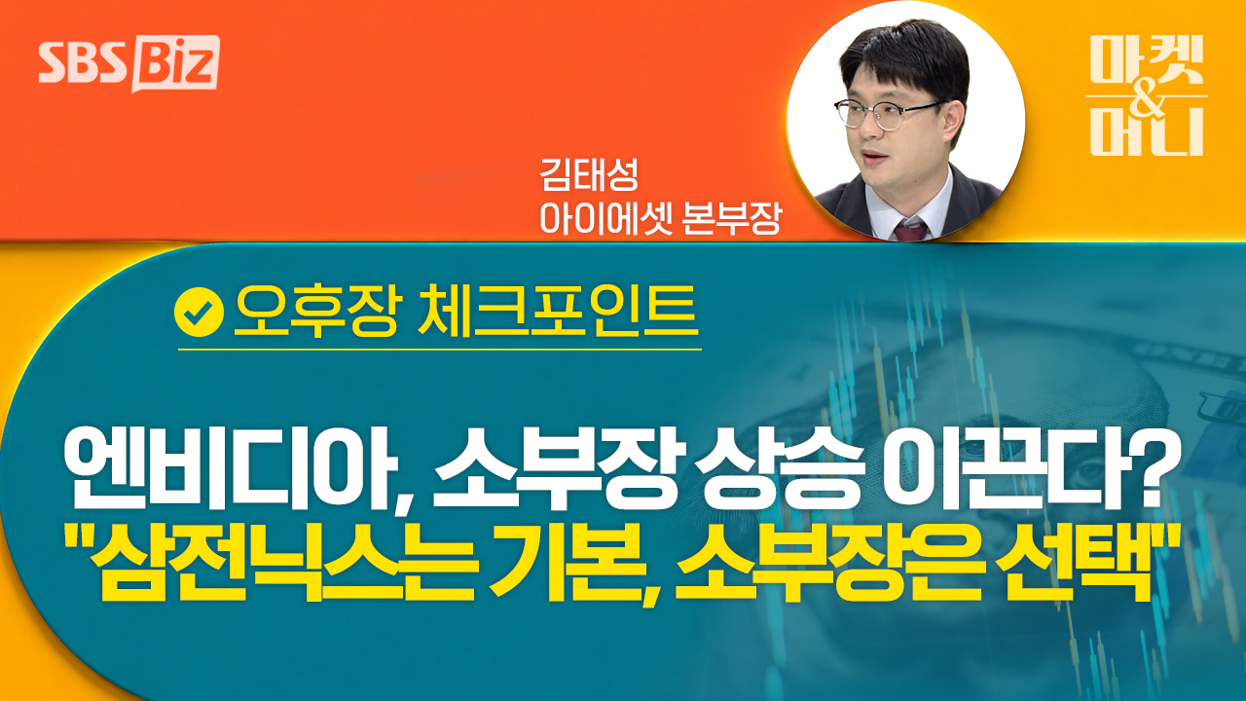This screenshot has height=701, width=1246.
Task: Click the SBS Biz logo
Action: (129, 63)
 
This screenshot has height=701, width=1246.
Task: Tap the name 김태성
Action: (588, 174)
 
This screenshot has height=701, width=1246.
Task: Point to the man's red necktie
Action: (910, 230)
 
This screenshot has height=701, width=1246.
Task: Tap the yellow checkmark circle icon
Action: (199, 313)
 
